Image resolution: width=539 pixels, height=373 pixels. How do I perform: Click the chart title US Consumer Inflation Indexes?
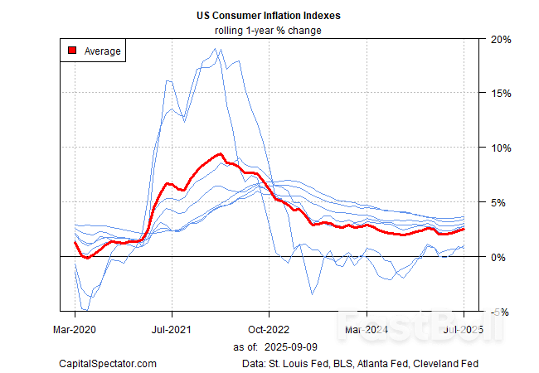(269, 16)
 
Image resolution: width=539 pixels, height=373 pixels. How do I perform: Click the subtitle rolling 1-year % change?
(269, 31)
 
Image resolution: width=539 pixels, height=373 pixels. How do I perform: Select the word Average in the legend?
(103, 51)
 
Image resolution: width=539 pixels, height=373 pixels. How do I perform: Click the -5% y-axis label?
(498, 312)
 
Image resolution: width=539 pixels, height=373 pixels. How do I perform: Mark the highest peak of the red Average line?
(220, 153)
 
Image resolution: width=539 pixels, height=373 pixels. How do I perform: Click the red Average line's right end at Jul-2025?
(463, 229)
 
